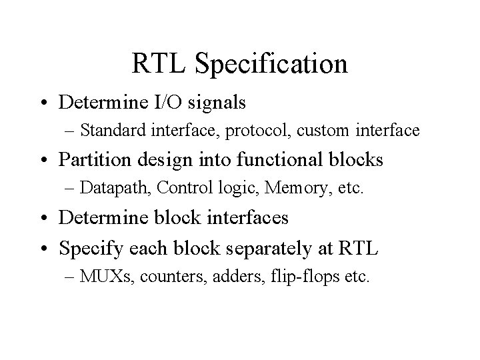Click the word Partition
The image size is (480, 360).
point(93,160)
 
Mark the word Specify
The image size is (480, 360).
point(87,249)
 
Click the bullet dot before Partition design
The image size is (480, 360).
point(49,161)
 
